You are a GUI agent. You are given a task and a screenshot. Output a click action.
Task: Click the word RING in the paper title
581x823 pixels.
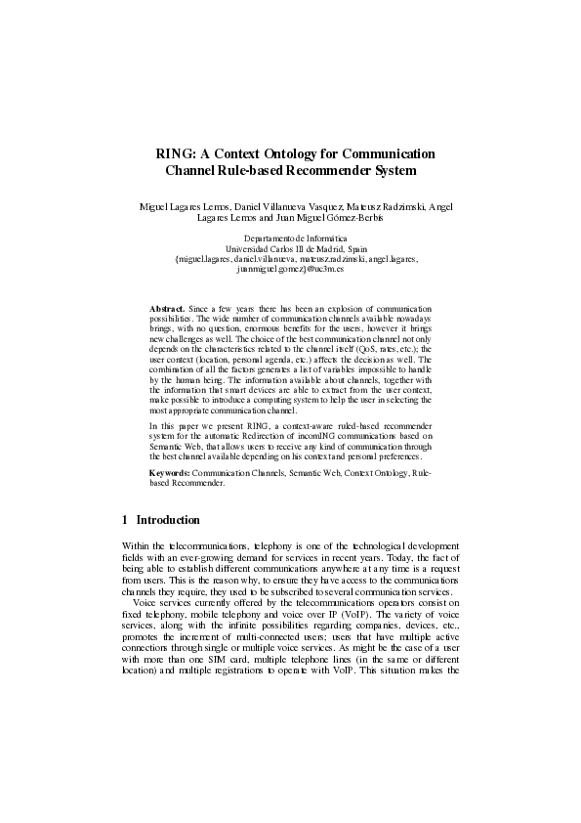pos(176,153)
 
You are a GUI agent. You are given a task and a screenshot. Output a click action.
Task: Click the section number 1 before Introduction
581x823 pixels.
pos(124,520)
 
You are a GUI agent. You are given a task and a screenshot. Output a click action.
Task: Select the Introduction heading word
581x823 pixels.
pos(168,520)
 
